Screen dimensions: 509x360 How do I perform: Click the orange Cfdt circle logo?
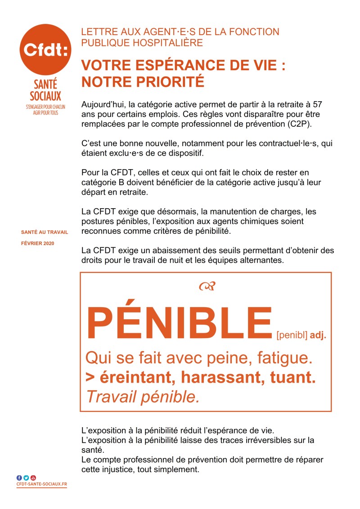[x=45, y=49]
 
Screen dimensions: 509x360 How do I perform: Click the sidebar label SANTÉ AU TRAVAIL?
[x=45, y=232]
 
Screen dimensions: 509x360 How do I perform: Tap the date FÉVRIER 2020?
[x=38, y=243]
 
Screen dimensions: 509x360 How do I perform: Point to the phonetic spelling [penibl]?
[x=292, y=335]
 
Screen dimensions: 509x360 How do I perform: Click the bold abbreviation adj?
[x=318, y=335]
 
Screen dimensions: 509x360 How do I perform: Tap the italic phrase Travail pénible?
[x=142, y=397]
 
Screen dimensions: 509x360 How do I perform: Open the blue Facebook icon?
[x=19, y=478]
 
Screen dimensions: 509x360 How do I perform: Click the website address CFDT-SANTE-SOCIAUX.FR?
[x=41, y=484]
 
